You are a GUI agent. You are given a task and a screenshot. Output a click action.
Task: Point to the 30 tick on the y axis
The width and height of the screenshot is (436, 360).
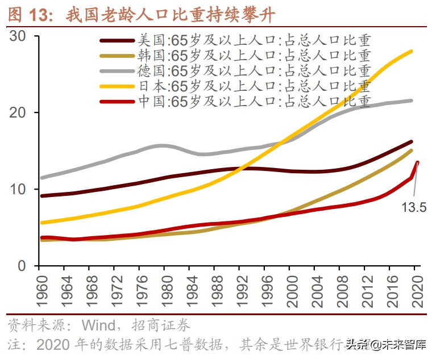22,36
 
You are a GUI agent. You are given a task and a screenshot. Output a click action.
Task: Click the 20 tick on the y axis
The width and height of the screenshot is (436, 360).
22,113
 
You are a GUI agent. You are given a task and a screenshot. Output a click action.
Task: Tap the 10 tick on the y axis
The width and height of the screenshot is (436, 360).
22,189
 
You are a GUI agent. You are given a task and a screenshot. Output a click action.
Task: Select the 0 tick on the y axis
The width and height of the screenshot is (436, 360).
26,266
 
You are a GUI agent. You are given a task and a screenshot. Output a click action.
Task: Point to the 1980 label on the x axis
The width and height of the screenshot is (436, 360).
167,291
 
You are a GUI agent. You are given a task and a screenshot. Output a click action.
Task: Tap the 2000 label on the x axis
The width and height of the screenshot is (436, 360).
291,291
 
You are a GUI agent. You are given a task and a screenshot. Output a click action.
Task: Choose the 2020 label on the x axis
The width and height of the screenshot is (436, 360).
416,291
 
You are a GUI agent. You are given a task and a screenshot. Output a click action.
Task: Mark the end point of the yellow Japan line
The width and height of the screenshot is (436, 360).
412,51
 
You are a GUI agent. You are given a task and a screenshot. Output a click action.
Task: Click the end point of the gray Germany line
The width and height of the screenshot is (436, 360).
412,101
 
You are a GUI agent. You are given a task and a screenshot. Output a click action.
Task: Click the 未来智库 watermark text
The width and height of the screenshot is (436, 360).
404,345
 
